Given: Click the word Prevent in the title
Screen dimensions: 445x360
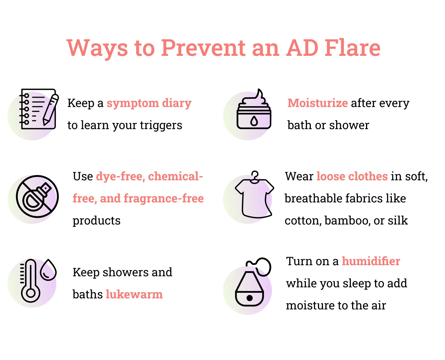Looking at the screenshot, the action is [x=203, y=48].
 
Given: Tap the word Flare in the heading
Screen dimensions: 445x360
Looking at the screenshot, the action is [x=352, y=48].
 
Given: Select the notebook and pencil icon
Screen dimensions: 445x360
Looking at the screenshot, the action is [x=39, y=109].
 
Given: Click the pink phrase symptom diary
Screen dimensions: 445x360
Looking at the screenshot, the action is [x=149, y=103].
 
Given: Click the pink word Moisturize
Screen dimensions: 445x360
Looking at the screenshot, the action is [x=317, y=103].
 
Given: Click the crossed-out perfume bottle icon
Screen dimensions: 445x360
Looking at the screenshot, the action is [x=37, y=196].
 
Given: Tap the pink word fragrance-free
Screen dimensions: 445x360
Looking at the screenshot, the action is [x=164, y=198].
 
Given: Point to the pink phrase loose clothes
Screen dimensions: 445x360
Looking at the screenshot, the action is [x=352, y=176].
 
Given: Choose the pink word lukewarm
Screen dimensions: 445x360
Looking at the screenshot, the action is [x=134, y=294].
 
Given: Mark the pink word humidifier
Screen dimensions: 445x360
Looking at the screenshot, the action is [x=371, y=261].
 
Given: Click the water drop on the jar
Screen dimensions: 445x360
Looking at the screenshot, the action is [x=254, y=121].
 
